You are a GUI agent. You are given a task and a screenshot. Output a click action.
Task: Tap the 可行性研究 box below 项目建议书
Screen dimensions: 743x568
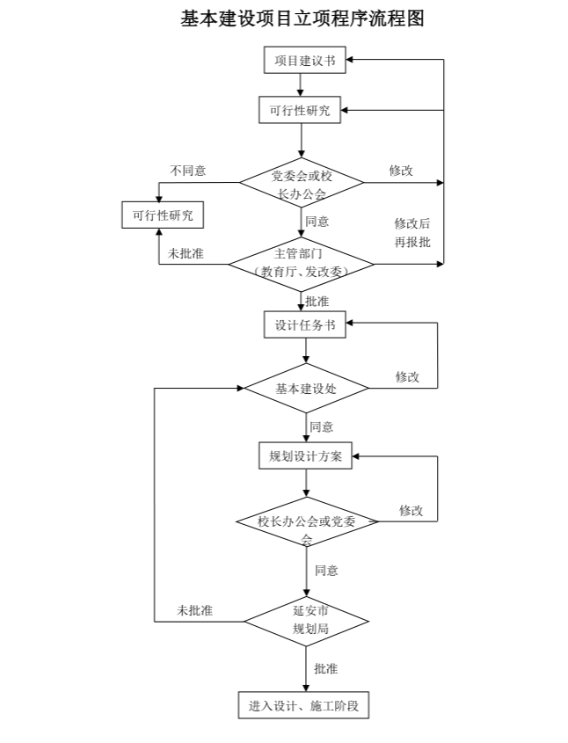[x=302, y=111]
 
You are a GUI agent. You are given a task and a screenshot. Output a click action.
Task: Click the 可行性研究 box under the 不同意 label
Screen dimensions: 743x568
[x=162, y=215]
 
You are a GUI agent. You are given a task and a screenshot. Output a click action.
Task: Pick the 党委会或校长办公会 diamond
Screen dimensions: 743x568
[x=301, y=184]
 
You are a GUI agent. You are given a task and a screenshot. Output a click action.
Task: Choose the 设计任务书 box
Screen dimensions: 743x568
[x=304, y=324]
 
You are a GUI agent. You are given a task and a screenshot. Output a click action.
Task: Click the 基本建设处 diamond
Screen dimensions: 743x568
[x=306, y=388]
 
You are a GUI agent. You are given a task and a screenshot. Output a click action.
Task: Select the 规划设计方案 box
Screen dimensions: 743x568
[x=306, y=456]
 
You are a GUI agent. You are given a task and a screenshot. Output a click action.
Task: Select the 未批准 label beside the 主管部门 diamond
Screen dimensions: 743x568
[x=186, y=253]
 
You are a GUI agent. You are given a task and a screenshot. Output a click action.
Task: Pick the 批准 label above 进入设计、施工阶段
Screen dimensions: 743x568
[x=325, y=668]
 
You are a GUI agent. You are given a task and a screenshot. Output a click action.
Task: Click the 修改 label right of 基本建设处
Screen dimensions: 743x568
[x=407, y=376]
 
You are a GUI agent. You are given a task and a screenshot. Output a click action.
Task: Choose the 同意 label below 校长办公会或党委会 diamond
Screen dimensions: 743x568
[x=326, y=570]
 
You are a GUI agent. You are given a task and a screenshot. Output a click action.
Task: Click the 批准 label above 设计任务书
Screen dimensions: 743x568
[x=317, y=301]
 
